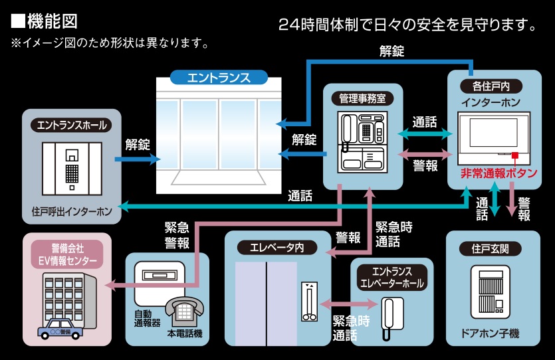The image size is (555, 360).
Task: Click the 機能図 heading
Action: [x=45, y=21]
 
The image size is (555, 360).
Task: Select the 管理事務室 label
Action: [x=362, y=98]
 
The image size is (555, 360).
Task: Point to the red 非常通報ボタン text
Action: [x=499, y=174]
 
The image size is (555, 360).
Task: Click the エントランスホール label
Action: [x=72, y=124]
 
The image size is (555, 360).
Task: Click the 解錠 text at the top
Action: [x=391, y=50]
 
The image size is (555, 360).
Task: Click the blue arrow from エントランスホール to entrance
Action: [x=138, y=159]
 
